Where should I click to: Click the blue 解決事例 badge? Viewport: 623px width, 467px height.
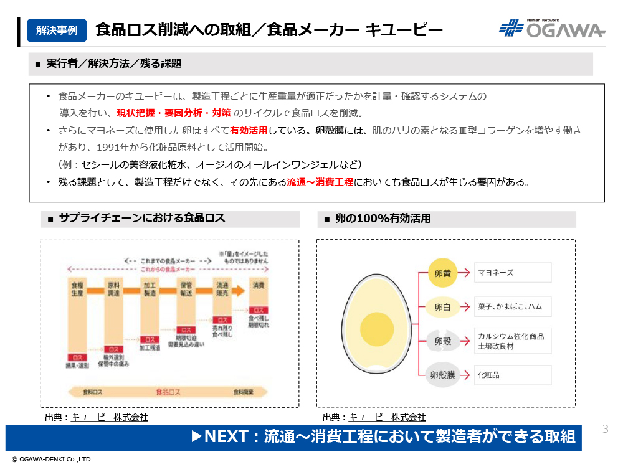click(57, 30)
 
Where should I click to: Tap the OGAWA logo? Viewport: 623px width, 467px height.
click(552, 29)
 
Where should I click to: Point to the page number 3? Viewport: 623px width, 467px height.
click(605, 429)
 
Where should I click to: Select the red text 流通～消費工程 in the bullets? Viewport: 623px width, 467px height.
click(320, 182)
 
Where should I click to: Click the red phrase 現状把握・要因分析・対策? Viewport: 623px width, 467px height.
click(174, 113)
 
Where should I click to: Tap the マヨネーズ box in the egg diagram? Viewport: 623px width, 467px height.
click(512, 273)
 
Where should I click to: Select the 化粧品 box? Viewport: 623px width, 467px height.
click(512, 375)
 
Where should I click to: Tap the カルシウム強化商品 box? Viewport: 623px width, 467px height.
click(512, 341)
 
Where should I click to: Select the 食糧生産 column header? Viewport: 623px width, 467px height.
click(77, 288)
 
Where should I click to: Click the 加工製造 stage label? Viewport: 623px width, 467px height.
click(150, 288)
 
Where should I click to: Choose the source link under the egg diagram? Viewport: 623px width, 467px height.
click(387, 417)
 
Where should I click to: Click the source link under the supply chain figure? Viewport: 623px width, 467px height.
click(109, 417)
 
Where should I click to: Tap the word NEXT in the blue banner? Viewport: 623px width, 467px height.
click(226, 436)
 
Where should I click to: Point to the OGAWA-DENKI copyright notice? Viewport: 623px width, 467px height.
click(52, 460)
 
